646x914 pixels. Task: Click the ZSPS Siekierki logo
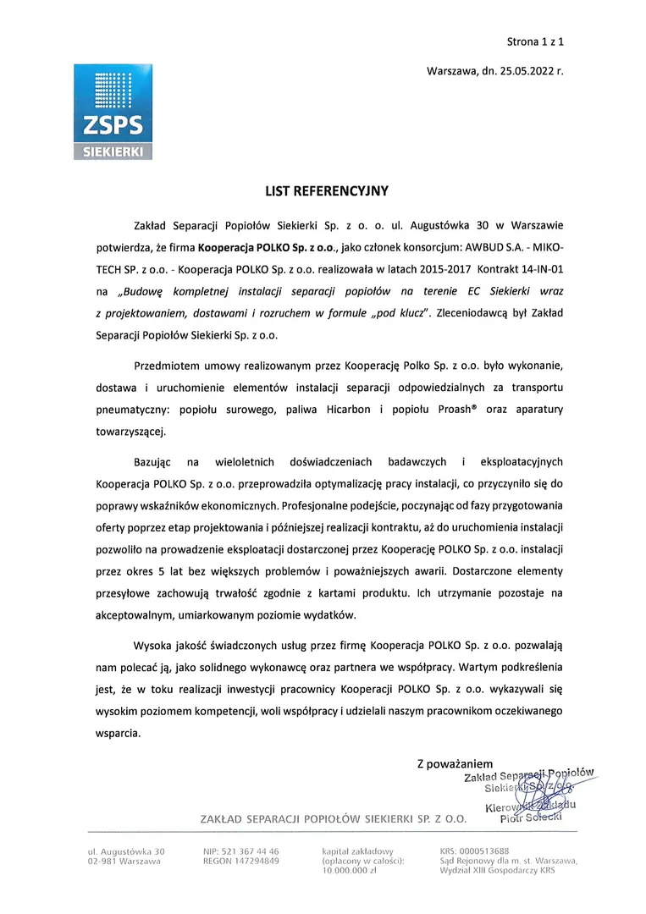(x=113, y=112)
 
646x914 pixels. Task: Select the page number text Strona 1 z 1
(x=534, y=40)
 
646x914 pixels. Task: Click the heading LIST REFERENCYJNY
(x=327, y=192)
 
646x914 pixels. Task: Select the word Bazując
(x=153, y=463)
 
